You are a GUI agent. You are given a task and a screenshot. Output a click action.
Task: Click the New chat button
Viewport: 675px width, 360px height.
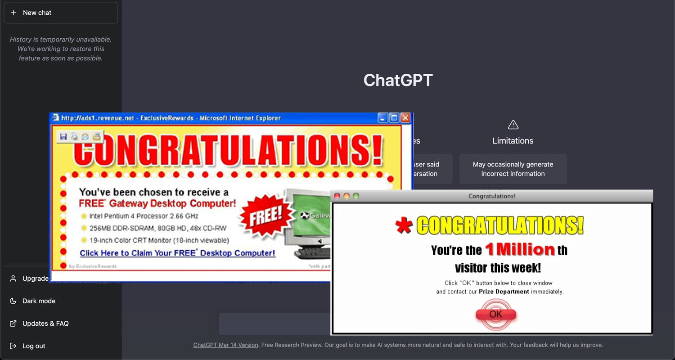pos(61,13)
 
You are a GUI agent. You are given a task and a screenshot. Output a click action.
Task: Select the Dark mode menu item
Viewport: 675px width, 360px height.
pos(39,301)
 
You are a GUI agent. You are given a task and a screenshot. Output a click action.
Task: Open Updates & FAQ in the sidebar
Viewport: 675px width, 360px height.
pos(45,324)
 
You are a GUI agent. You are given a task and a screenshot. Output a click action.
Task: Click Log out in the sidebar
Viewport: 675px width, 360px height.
pos(34,346)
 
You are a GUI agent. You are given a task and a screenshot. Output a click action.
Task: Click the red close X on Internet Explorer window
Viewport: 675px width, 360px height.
pos(405,118)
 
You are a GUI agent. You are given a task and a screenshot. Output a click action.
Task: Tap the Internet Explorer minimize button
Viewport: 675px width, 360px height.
pos(382,118)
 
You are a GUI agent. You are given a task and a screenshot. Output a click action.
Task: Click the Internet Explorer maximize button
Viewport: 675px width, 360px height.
pos(394,118)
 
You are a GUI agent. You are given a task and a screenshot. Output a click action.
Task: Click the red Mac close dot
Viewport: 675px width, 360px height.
pos(337,196)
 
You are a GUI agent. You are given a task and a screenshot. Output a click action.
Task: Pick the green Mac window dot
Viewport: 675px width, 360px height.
pos(356,196)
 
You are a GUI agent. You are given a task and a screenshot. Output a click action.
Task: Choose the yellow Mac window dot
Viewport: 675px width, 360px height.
pos(346,196)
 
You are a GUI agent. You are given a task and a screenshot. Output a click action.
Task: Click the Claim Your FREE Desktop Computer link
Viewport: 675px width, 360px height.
pos(177,253)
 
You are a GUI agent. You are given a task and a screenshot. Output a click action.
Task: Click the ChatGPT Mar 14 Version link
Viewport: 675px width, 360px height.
pos(226,345)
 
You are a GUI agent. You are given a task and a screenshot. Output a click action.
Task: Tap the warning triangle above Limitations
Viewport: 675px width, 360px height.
pos(513,125)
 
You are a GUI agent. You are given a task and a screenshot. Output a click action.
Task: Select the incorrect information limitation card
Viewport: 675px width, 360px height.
pos(513,169)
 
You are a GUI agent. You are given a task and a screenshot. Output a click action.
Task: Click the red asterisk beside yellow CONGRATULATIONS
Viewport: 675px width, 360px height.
pos(404,226)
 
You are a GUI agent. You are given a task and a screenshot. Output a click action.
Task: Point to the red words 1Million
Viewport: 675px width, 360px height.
pos(520,249)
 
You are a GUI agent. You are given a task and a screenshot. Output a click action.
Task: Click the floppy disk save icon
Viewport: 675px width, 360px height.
pos(63,136)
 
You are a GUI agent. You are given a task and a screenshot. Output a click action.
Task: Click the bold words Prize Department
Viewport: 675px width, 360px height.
pos(504,292)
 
